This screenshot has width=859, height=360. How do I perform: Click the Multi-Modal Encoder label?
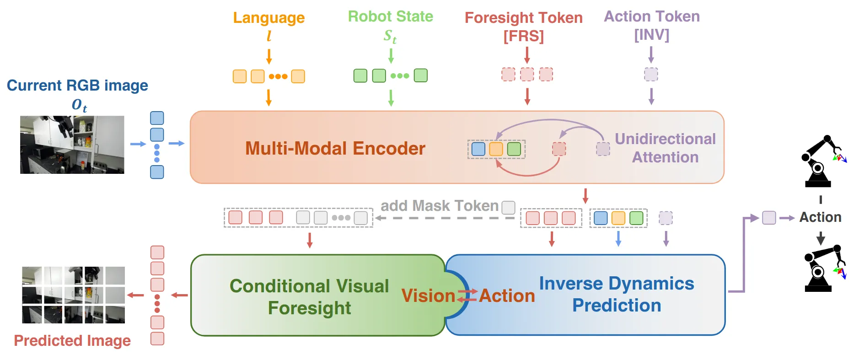(x=335, y=148)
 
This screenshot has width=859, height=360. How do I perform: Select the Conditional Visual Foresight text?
(x=309, y=296)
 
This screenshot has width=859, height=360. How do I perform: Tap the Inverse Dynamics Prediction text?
(x=617, y=294)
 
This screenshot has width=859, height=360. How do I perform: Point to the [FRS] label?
(x=523, y=36)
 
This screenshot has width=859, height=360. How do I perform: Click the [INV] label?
(x=651, y=35)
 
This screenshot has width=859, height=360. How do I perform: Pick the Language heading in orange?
(x=268, y=18)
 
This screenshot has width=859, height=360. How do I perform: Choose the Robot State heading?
(x=390, y=16)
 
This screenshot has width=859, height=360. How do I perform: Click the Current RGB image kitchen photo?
(x=72, y=145)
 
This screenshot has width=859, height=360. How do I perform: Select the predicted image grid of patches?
(x=73, y=295)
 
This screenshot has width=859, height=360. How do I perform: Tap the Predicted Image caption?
(x=72, y=341)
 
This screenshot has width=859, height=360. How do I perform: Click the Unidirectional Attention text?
(x=665, y=148)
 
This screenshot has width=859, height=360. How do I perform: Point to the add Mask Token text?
(x=439, y=206)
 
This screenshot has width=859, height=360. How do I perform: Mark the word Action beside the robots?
(x=820, y=217)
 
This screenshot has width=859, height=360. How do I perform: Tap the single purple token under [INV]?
(x=651, y=74)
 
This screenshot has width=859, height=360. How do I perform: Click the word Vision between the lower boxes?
(x=428, y=296)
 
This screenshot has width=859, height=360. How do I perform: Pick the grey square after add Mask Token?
(x=508, y=208)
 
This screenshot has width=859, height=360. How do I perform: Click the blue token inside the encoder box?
(x=478, y=149)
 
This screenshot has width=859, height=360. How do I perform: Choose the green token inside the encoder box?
(x=514, y=149)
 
